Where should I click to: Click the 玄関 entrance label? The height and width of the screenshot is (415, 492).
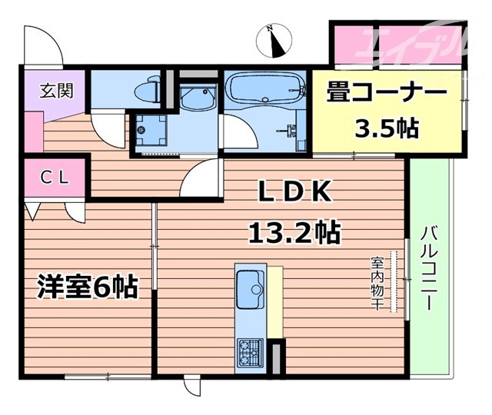[56, 91]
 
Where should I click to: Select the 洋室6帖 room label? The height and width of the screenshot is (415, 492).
[88, 287]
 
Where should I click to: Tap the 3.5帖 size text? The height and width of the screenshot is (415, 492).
[386, 128]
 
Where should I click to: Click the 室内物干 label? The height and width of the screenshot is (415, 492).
[377, 283]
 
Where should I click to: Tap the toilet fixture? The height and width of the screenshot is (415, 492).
[148, 91]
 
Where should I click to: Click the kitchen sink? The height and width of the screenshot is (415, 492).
[251, 289]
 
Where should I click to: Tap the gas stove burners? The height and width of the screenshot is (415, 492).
[251, 352]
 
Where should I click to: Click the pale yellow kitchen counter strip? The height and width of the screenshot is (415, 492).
[276, 300]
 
